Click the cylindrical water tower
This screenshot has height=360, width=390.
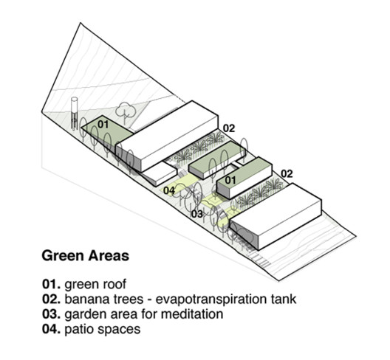pyautogui.click(x=74, y=113)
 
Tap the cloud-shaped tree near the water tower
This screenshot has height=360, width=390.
pyautogui.click(x=126, y=109)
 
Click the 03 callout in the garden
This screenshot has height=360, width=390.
pyautogui.click(x=197, y=214)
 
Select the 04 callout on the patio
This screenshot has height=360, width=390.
pyautogui.click(x=169, y=190)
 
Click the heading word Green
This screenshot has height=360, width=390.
pyautogui.click(x=63, y=256)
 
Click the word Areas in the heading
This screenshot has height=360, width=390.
pyautogui.click(x=109, y=256)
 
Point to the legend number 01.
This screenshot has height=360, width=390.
pyautogui.click(x=51, y=284)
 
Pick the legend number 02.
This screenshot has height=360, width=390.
pyautogui.click(x=51, y=299)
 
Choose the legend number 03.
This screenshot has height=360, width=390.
pyautogui.click(x=51, y=314)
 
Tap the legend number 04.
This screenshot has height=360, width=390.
pyautogui.click(x=51, y=329)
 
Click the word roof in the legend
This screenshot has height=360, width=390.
pyautogui.click(x=115, y=284)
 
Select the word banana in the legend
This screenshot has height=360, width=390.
pyautogui.click(x=83, y=299)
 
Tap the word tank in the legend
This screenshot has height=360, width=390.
pyautogui.click(x=284, y=299)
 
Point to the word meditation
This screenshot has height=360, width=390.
pyautogui.click(x=192, y=314)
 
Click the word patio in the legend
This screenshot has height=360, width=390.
pyautogui.click(x=80, y=330)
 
